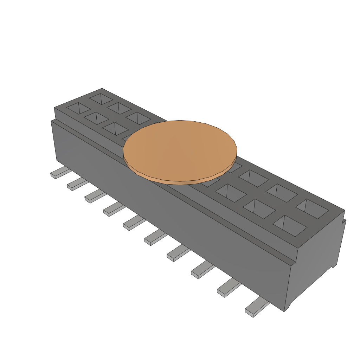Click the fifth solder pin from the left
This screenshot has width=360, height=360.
134,224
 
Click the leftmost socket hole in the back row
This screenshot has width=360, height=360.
101,98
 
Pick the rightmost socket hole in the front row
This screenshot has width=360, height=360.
290,225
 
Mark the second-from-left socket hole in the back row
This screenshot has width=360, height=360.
119,108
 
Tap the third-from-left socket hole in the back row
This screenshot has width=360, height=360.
138,118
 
